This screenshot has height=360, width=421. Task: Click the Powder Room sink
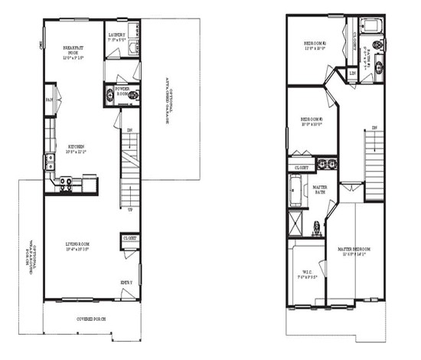109,95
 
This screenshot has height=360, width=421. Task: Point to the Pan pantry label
48,100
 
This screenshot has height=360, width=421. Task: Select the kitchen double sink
48,162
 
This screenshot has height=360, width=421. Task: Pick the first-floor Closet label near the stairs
129,238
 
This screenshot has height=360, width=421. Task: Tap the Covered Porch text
90,318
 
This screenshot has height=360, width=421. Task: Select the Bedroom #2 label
314,45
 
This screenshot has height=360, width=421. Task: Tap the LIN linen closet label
352,74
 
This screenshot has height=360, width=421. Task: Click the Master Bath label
320,189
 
